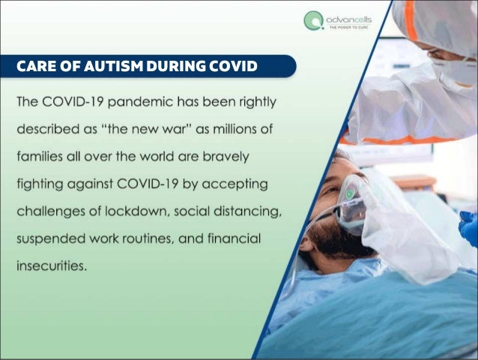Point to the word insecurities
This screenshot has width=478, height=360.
51,264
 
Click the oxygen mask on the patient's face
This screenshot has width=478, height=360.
351,201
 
